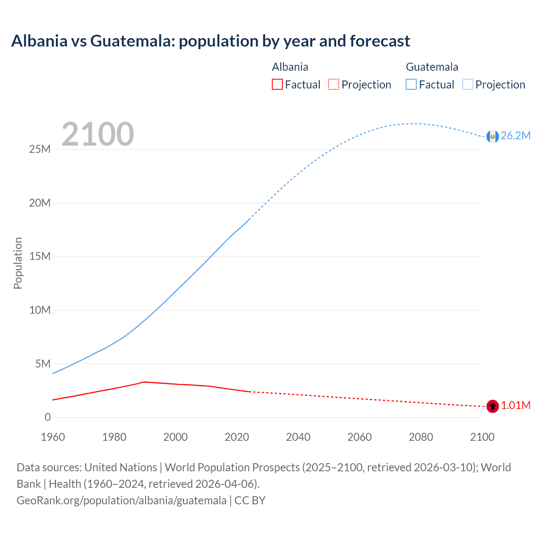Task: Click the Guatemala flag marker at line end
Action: point(492,136)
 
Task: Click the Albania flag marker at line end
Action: point(492,406)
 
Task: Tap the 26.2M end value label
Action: point(515,135)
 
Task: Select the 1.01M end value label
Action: point(516,405)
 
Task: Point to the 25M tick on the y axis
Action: point(40,149)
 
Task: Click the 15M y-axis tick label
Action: point(40,256)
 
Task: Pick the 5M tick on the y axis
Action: point(43,364)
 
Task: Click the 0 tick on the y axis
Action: point(47,417)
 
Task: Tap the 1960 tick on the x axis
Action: point(53,437)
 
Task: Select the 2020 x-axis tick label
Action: point(237,437)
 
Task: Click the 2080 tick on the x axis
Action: point(420,437)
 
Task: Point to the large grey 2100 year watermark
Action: point(98,134)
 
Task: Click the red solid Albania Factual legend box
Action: point(277,84)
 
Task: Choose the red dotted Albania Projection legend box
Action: point(334,84)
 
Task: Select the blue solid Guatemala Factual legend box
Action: point(411,84)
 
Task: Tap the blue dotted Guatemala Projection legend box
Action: point(468,84)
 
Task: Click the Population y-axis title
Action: point(18,263)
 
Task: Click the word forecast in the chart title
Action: point(380,41)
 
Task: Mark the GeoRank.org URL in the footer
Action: point(122,500)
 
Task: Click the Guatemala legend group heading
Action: point(432,67)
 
